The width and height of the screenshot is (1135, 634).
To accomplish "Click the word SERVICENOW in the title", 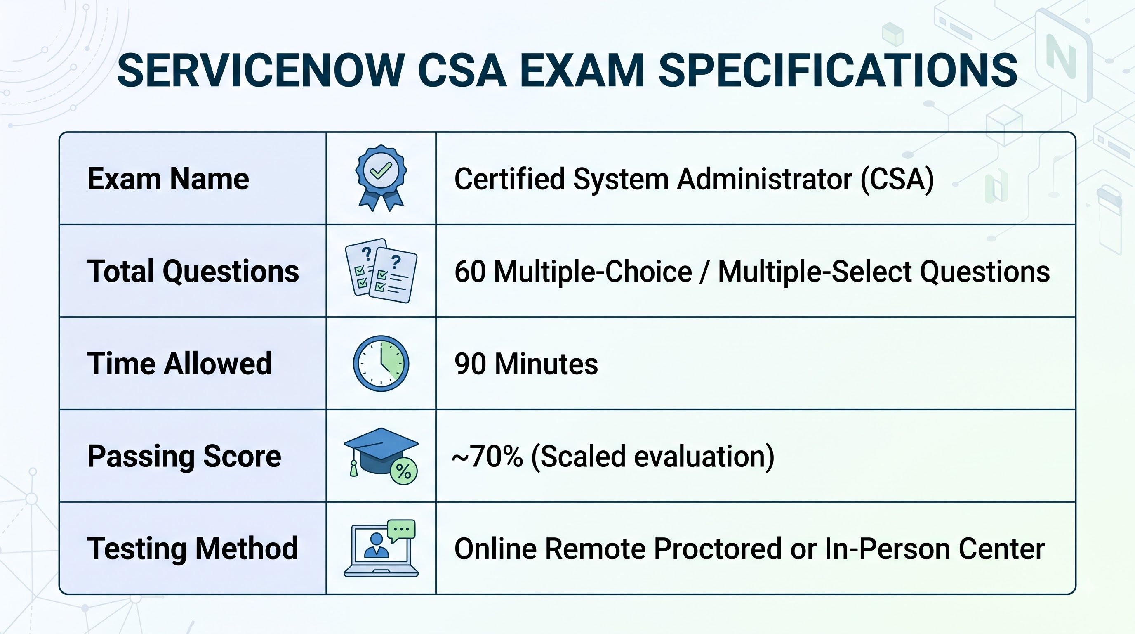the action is click(x=261, y=71).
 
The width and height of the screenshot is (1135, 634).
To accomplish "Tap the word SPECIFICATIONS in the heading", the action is click(x=838, y=71).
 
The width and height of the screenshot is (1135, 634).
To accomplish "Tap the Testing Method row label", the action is click(x=193, y=549).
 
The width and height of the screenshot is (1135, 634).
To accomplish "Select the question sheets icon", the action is click(x=381, y=271).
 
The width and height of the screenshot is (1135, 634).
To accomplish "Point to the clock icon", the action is click(x=381, y=363).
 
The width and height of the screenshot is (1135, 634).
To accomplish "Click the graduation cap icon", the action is click(x=381, y=457).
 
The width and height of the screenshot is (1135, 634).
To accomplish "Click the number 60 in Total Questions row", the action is click(x=470, y=271).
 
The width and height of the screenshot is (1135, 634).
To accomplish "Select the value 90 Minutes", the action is click(x=526, y=364).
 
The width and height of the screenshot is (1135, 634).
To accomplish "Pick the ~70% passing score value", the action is click(x=488, y=457).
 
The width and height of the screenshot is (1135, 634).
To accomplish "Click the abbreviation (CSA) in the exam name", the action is click(x=897, y=179).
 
